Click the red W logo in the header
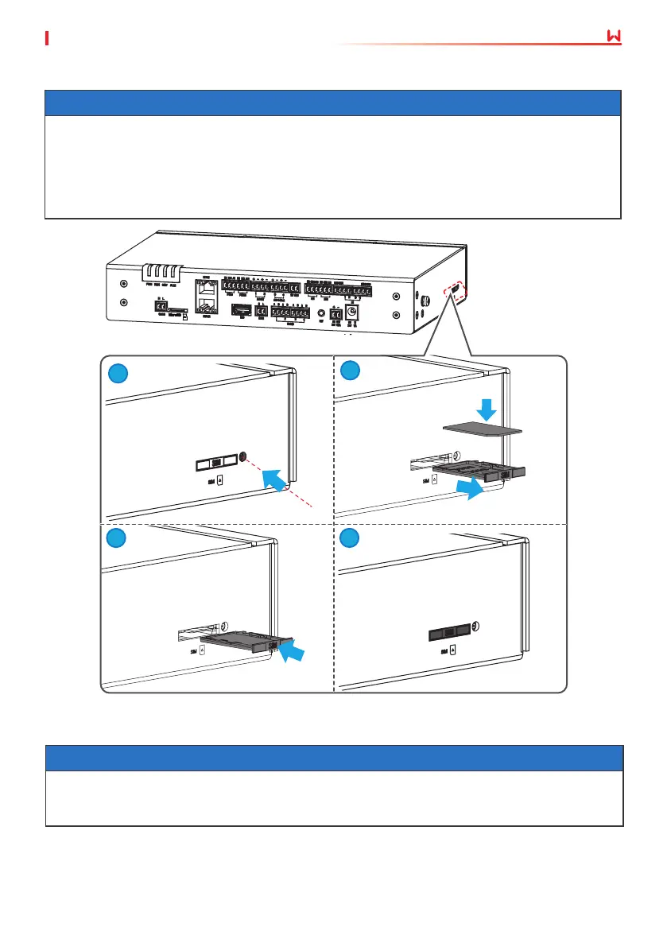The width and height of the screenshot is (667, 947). point(613,38)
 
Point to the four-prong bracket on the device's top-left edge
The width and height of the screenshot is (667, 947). point(163,274)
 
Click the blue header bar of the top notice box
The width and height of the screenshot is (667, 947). point(332,103)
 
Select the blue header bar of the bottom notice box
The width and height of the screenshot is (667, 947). point(334,758)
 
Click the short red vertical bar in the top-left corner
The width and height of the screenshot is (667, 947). point(48,38)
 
